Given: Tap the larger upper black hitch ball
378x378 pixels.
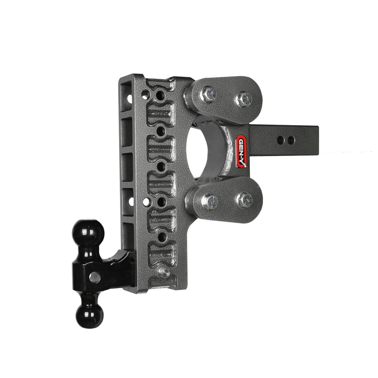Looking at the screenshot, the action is pyautogui.click(x=88, y=233).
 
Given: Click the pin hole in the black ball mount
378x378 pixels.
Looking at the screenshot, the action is pyautogui.click(x=94, y=278).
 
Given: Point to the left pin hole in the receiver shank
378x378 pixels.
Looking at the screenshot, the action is pyautogui.click(x=281, y=140).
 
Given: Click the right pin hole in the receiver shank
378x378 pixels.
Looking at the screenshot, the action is pyautogui.click(x=291, y=140).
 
